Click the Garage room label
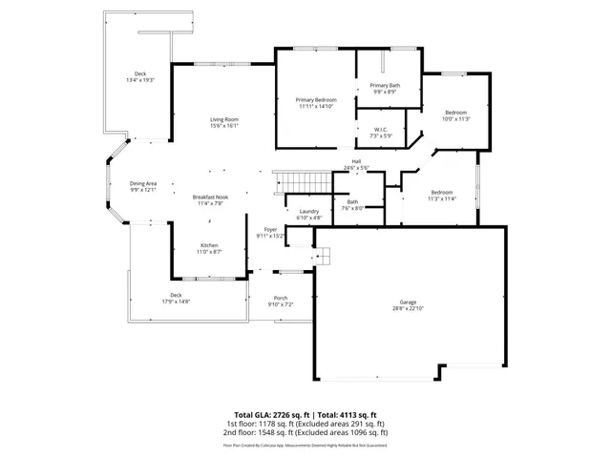coord(409,302)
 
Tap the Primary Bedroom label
coord(315,100)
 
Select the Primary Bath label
coord(385,86)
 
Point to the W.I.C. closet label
coord(380,130)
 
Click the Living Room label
coord(223,118)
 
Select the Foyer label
coord(270,230)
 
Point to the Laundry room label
coord(308,211)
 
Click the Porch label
coord(281,298)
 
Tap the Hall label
coord(356,161)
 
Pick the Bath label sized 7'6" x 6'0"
coord(352,201)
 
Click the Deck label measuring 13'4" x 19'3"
coord(140,73)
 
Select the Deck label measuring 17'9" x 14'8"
coord(176,295)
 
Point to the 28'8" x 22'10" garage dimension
coord(409,309)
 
